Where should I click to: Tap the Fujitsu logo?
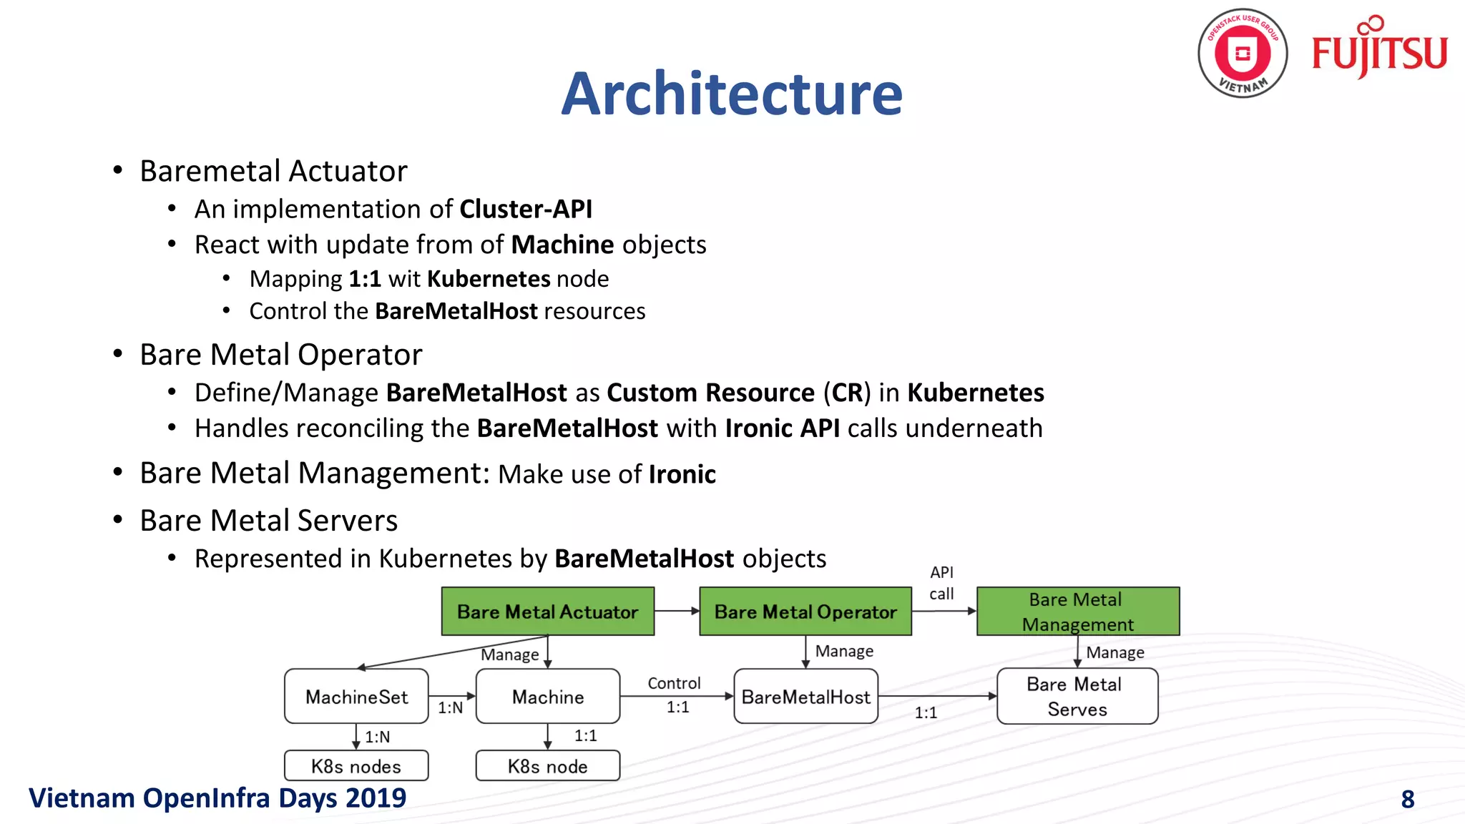click(x=1379, y=50)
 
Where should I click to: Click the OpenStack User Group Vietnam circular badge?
click(x=1243, y=54)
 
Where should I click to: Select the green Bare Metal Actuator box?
click(x=547, y=612)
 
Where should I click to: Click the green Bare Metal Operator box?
click(x=805, y=612)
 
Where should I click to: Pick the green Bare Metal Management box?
click(x=1077, y=612)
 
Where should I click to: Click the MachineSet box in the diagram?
click(x=356, y=697)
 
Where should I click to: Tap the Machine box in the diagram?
click(x=547, y=697)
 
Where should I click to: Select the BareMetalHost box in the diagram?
click(x=805, y=697)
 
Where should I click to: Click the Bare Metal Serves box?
click(x=1077, y=697)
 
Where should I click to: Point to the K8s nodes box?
click(x=356, y=766)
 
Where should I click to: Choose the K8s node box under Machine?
click(x=547, y=766)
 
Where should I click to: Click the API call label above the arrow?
click(x=941, y=583)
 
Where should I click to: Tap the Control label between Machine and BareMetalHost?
click(x=674, y=683)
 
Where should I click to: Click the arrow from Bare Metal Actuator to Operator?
click(x=677, y=611)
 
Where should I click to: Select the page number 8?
click(x=1407, y=799)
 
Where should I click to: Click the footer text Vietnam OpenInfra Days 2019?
click(x=217, y=798)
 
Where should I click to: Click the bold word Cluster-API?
click(x=526, y=209)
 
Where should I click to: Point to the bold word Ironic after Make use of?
click(x=682, y=474)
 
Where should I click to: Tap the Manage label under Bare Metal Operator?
click(x=844, y=651)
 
